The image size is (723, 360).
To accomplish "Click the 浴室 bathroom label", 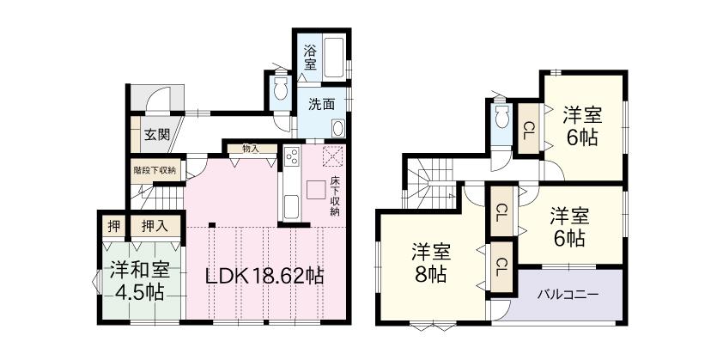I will (310, 57).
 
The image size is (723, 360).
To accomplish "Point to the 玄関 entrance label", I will (155, 134).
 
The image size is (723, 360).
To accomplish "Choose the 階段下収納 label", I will (155, 170).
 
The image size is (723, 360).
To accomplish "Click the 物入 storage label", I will (251, 149).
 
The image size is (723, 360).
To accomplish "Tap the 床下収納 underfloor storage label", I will (334, 197).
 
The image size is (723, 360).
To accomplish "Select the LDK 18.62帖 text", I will (263, 277).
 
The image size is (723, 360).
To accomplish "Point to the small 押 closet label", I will (113, 227).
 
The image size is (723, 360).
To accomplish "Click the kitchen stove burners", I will (290, 157).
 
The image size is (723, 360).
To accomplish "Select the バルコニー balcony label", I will (568, 294).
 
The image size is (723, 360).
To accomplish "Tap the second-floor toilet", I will (501, 119).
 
